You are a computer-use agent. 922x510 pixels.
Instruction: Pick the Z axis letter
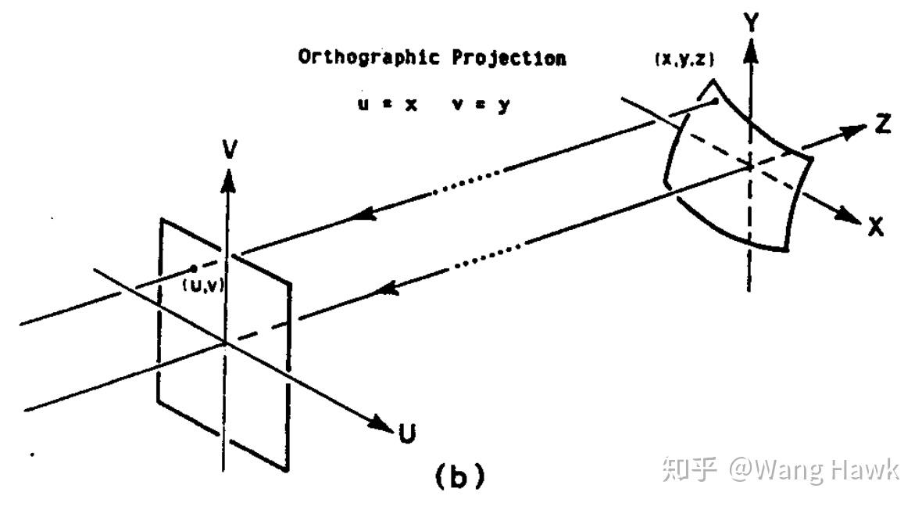[883, 123]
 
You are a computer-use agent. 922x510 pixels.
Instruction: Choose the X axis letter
[876, 228]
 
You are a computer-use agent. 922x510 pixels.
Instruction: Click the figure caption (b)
[459, 476]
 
